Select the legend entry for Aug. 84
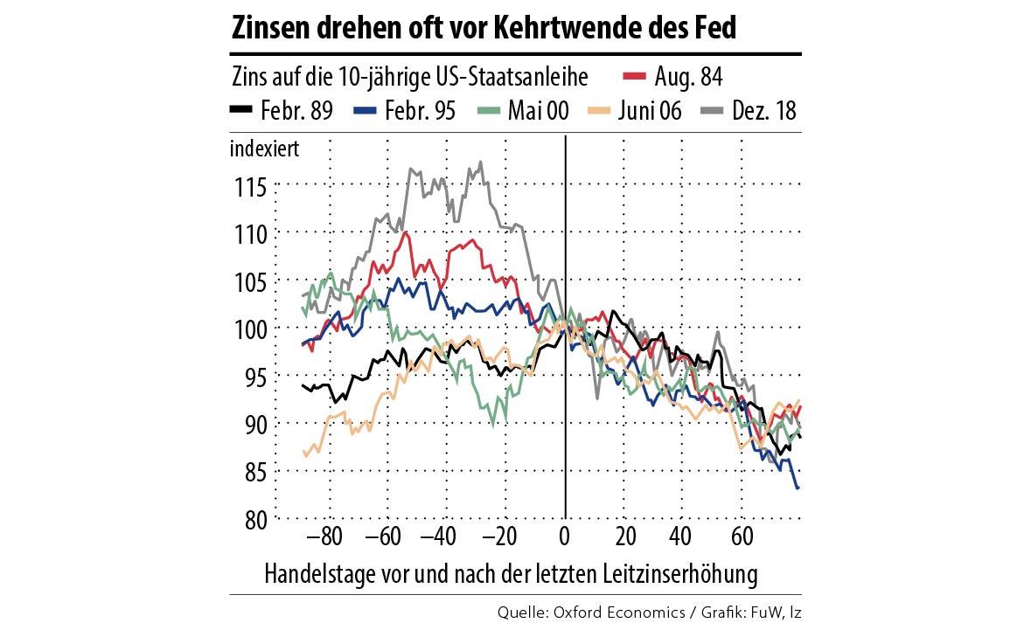point(673,77)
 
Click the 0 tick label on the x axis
point(566,536)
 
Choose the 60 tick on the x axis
point(742,536)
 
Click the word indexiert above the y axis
point(264,149)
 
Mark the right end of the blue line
point(798,488)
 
